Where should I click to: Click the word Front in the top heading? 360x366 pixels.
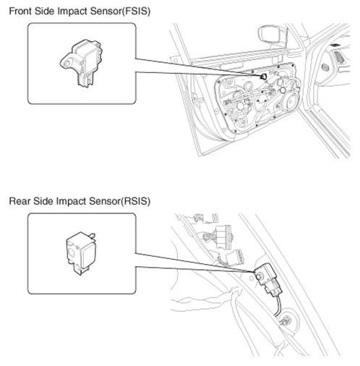click(20, 11)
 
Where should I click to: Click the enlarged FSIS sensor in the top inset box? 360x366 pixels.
click(81, 63)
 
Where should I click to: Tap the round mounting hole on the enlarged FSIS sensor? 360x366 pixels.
click(67, 64)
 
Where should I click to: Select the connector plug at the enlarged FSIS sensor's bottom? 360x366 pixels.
click(85, 80)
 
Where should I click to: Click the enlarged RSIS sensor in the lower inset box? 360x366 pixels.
click(81, 253)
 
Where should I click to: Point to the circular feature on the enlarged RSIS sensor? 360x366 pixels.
click(72, 252)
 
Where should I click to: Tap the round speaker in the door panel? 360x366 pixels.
click(290, 101)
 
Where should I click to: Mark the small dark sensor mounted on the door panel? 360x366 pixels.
click(263, 77)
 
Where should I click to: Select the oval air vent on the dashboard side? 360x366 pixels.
click(325, 67)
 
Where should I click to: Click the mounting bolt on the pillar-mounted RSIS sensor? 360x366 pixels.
click(260, 276)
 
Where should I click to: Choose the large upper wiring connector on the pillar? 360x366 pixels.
click(223, 237)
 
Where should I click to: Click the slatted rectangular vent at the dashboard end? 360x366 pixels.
click(339, 57)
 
